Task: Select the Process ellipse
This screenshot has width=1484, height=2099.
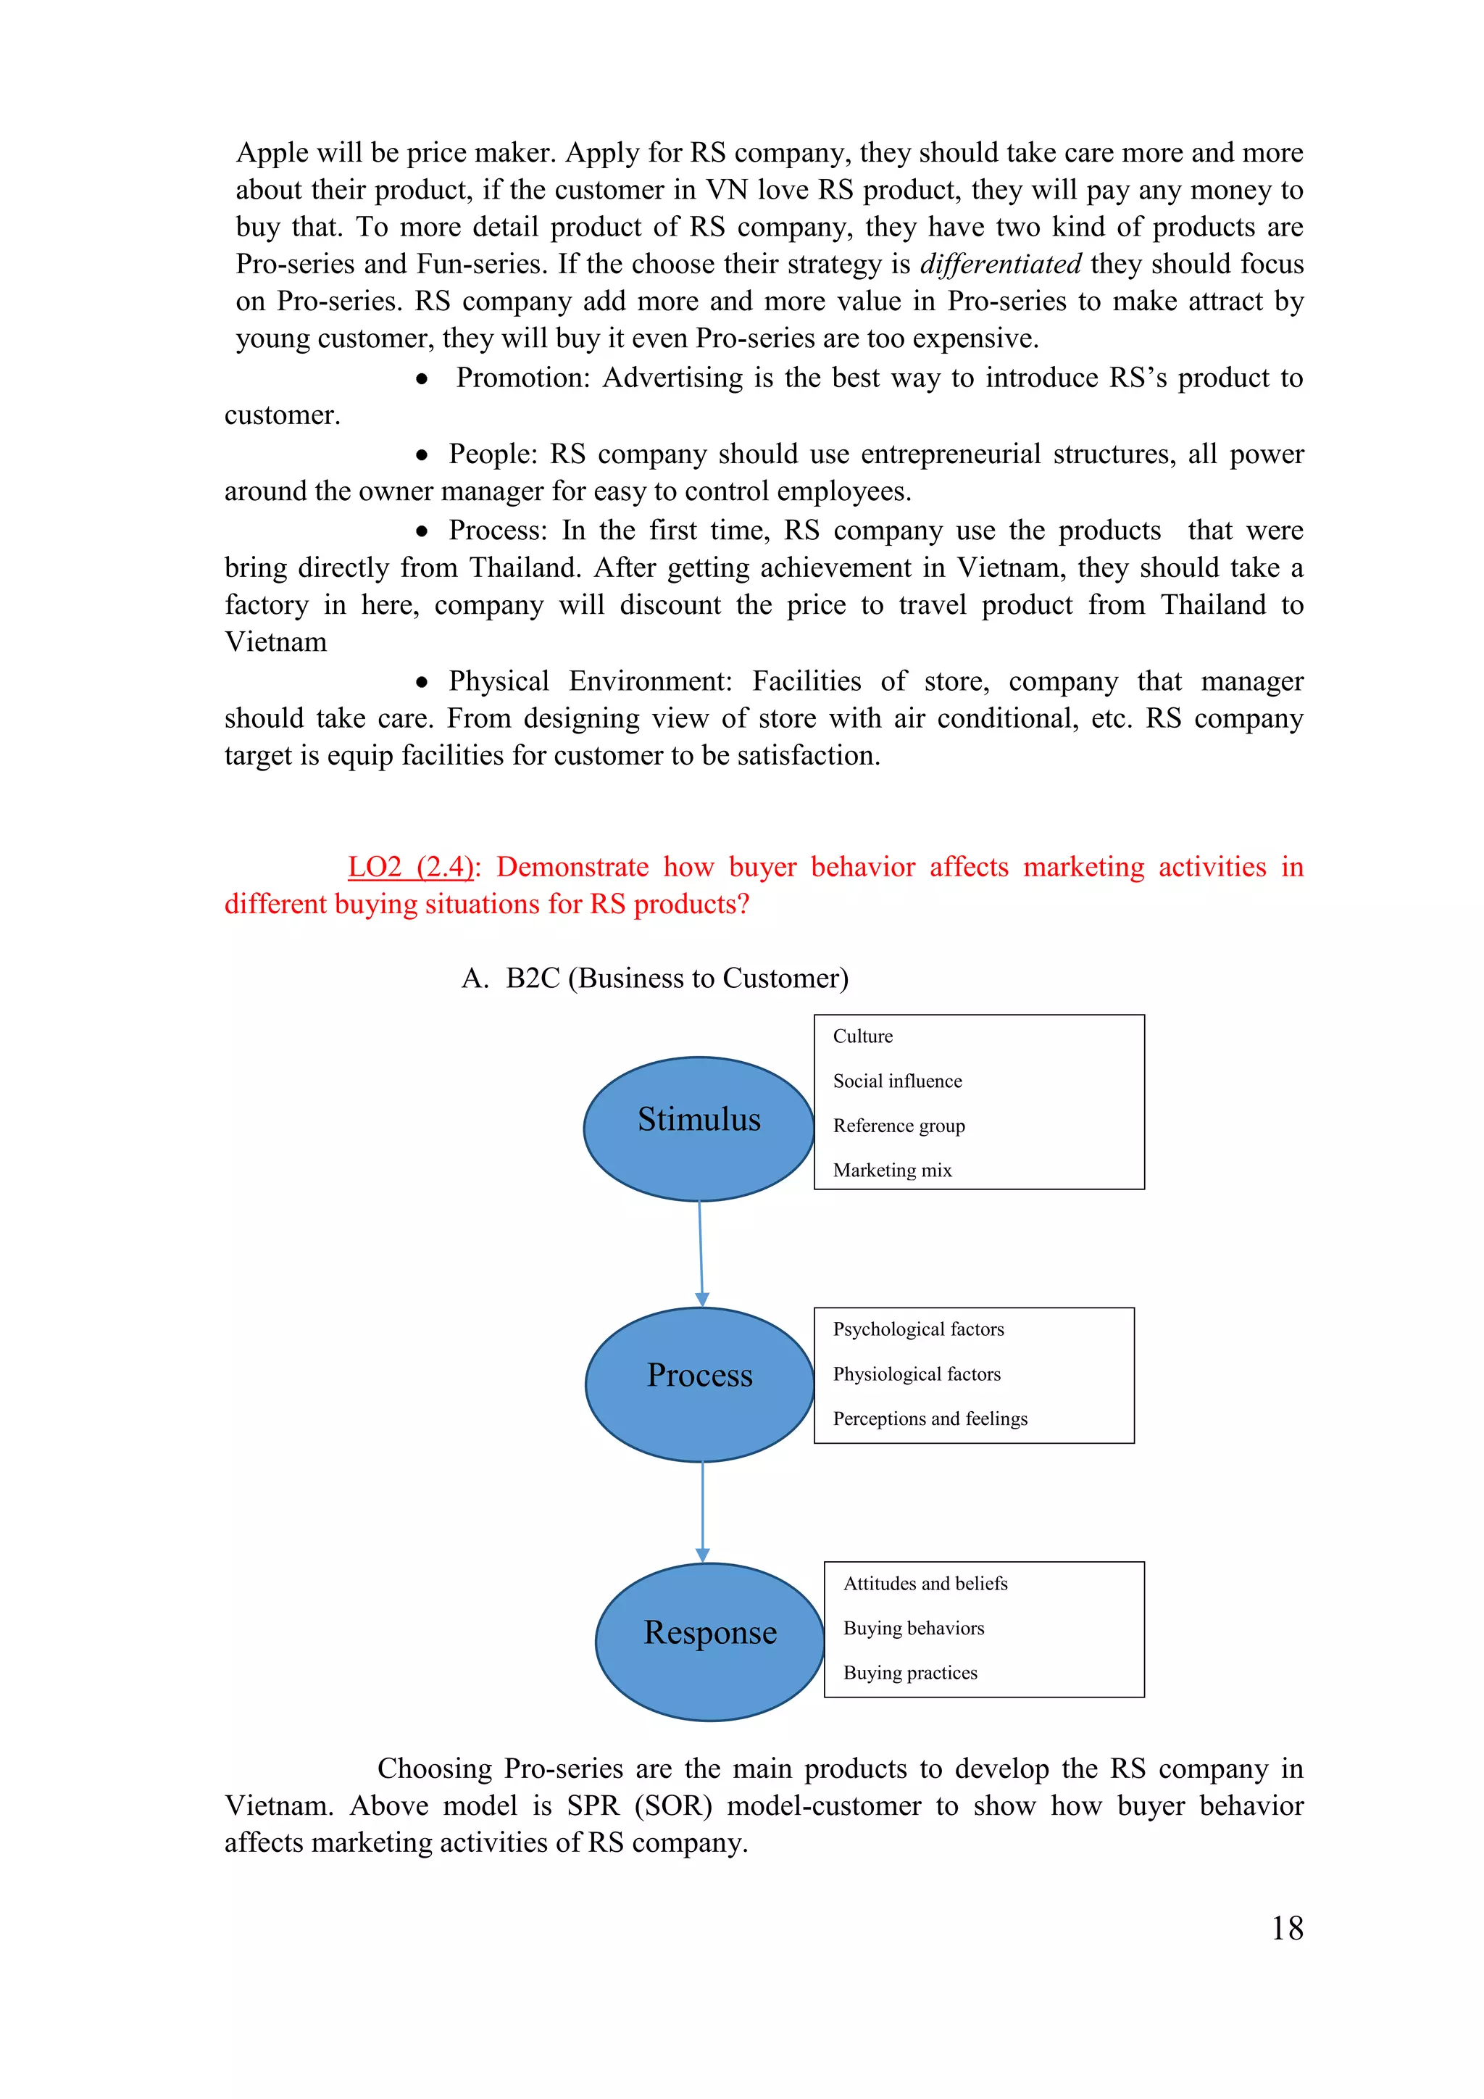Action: click(x=700, y=1384)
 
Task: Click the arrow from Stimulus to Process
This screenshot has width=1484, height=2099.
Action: click(x=701, y=1253)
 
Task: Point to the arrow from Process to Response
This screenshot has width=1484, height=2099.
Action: click(x=703, y=1511)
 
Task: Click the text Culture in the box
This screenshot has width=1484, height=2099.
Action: click(x=862, y=1036)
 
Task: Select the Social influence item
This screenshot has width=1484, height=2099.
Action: click(x=897, y=1081)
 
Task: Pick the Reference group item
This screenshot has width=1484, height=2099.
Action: click(x=899, y=1126)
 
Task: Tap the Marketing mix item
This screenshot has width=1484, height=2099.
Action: click(x=893, y=1170)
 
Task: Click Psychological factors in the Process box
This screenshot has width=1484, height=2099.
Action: click(x=918, y=1329)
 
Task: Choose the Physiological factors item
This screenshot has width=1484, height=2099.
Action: click(x=917, y=1374)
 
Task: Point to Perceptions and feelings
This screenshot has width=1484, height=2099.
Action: click(x=930, y=1419)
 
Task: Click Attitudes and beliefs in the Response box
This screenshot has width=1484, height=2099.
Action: click(x=925, y=1584)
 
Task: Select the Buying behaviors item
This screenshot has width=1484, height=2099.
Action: click(x=914, y=1628)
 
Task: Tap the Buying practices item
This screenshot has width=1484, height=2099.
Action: click(x=910, y=1673)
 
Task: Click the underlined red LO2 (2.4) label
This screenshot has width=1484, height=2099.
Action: click(x=411, y=867)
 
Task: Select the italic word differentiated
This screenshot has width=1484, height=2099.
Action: click(x=1001, y=265)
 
